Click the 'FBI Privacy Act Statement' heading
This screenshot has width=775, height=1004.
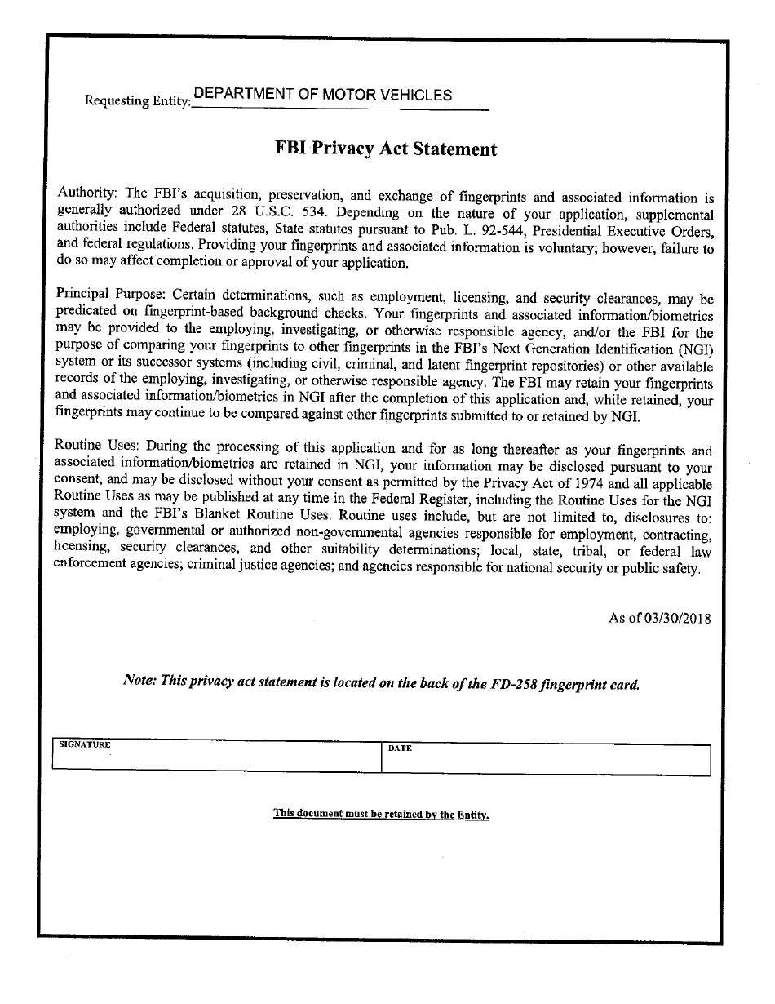pyautogui.click(x=385, y=149)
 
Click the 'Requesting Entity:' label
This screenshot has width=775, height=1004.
pyautogui.click(x=137, y=101)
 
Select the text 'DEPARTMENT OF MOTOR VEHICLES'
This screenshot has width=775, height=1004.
pyautogui.click(x=323, y=95)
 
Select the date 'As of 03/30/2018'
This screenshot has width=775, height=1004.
pyautogui.click(x=659, y=618)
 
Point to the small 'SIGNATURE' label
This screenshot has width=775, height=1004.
pyautogui.click(x=85, y=745)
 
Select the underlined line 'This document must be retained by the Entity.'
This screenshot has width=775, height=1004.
pyautogui.click(x=381, y=814)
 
